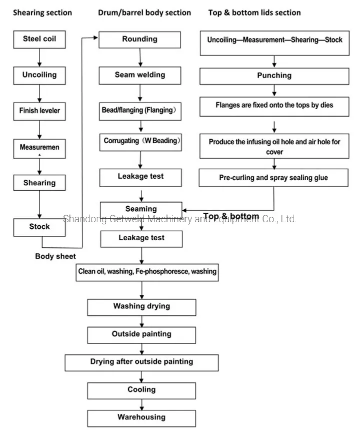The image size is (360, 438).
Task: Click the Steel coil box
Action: point(39,39)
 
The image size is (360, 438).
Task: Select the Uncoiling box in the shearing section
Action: point(39,75)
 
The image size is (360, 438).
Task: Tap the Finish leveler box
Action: point(39,111)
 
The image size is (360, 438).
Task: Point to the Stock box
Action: point(39,227)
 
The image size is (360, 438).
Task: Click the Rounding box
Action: point(139,39)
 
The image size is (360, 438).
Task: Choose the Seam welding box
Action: point(139,75)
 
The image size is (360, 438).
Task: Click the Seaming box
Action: point(141,209)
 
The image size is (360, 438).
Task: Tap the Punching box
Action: point(274,76)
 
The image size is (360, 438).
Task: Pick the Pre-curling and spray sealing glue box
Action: point(274,178)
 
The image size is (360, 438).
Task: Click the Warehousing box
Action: point(141,417)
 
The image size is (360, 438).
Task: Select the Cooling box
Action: point(141,390)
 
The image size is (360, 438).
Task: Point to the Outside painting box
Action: point(141,334)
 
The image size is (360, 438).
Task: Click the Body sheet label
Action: point(55,256)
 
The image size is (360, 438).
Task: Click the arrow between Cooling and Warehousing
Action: point(141,404)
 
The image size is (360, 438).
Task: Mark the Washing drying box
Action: point(141,306)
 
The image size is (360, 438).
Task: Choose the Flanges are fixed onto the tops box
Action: point(274,106)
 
